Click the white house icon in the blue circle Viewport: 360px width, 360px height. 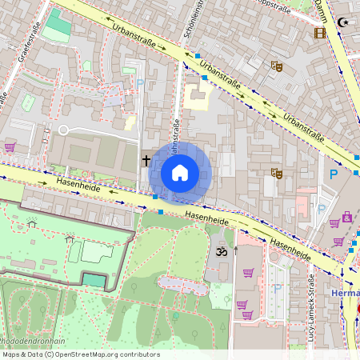[180, 173]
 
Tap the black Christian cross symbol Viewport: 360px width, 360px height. [146, 160]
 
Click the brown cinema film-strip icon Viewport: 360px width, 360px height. [320, 33]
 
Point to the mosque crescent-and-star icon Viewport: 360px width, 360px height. [345, 22]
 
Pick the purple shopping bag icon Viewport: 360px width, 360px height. [347, 216]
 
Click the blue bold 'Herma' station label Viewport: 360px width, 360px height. [344, 294]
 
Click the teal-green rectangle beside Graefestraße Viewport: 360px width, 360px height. [58, 26]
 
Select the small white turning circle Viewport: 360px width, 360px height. [64, 130]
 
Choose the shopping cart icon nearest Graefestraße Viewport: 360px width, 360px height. [10, 147]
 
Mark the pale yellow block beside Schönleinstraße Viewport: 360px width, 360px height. [195, 97]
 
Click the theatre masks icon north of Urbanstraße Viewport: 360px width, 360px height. [277, 66]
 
